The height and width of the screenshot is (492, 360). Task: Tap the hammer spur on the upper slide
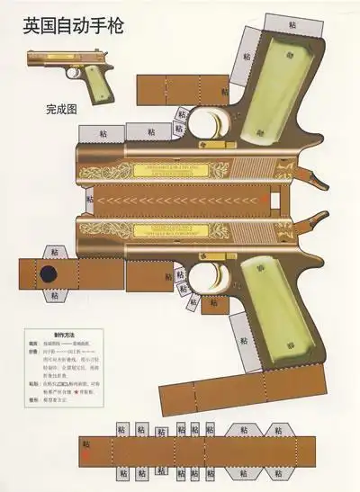(316, 178)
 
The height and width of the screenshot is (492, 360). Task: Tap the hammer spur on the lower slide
(316, 219)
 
